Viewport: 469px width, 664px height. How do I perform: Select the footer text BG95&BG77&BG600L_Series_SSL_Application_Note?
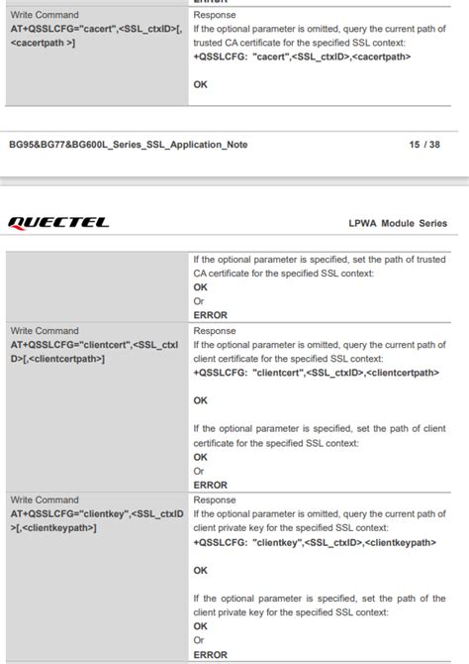[128, 145]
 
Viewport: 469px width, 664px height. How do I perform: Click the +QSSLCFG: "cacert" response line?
[302, 57]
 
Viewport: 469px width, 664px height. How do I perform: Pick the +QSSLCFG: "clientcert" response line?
[316, 373]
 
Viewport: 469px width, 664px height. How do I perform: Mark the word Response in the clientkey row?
[215, 500]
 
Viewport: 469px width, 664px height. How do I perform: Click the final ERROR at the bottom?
[210, 655]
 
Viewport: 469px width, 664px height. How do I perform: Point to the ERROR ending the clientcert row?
[210, 486]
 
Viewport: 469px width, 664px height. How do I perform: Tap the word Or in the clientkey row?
[199, 641]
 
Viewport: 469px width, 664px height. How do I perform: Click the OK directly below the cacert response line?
[201, 85]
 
